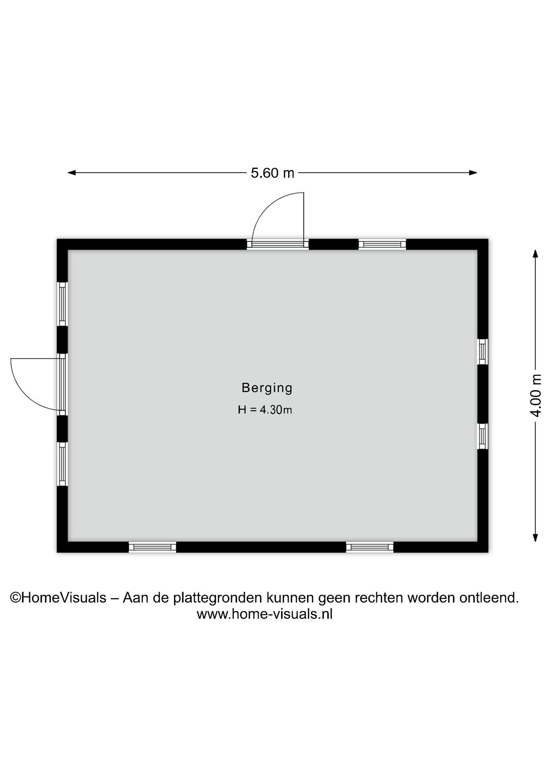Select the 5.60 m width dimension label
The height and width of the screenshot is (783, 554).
pos(272,173)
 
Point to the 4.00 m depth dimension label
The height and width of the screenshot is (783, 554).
pos(536,395)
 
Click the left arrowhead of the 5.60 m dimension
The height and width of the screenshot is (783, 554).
pos(72,173)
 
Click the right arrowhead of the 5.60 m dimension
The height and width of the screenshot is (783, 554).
pos(473,173)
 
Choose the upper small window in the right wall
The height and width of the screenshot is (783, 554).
pos(482,352)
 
